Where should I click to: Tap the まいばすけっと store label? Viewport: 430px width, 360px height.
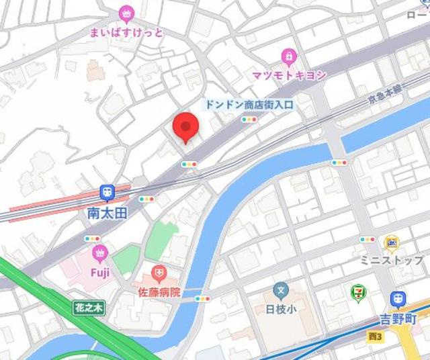[x=126, y=31]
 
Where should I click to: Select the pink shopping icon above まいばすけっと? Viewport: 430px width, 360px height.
[x=126, y=13]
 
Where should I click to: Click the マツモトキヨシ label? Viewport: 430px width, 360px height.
[x=289, y=75]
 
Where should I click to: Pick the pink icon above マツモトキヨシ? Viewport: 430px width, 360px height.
[x=288, y=55]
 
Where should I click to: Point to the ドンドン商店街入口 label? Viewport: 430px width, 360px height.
[x=249, y=104]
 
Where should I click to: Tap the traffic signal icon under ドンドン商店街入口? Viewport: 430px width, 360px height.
[x=249, y=120]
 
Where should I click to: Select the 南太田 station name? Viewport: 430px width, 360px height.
[x=107, y=212]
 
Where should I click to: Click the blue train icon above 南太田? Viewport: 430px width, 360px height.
[x=107, y=193]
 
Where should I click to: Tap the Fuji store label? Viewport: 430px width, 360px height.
[x=100, y=272]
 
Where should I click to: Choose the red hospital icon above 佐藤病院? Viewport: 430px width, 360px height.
[x=159, y=273]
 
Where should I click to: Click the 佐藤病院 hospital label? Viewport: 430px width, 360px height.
[x=159, y=292]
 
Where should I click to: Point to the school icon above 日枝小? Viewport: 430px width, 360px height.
[x=281, y=291]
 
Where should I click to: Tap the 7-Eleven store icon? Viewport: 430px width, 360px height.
[x=358, y=293]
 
